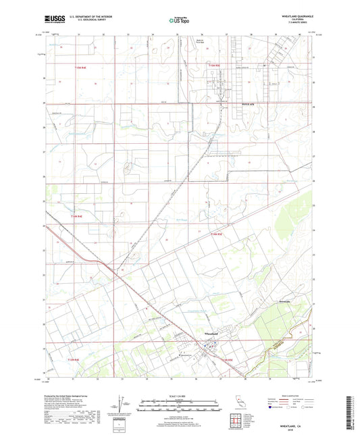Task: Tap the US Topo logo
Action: pos(179,20)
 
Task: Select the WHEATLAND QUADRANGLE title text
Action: pos(295,15)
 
